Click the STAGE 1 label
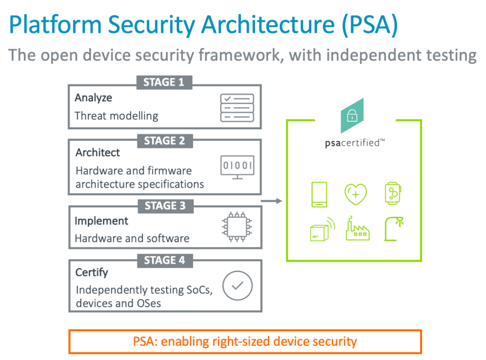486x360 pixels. (x=164, y=82)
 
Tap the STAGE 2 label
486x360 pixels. (x=164, y=141)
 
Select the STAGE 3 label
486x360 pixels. (x=165, y=206)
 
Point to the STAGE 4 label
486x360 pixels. (x=165, y=260)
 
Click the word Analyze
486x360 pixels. (x=93, y=98)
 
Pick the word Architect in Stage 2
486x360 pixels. (x=98, y=153)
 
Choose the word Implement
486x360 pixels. (x=101, y=221)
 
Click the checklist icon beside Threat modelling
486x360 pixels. (x=237, y=107)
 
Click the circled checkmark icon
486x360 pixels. (x=237, y=285)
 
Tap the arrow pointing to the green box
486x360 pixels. (x=272, y=201)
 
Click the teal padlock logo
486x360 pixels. (x=352, y=116)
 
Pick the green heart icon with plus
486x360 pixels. (x=355, y=193)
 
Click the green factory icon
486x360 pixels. (x=357, y=229)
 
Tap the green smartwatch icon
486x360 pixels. (x=393, y=193)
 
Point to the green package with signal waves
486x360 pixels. (x=322, y=229)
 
